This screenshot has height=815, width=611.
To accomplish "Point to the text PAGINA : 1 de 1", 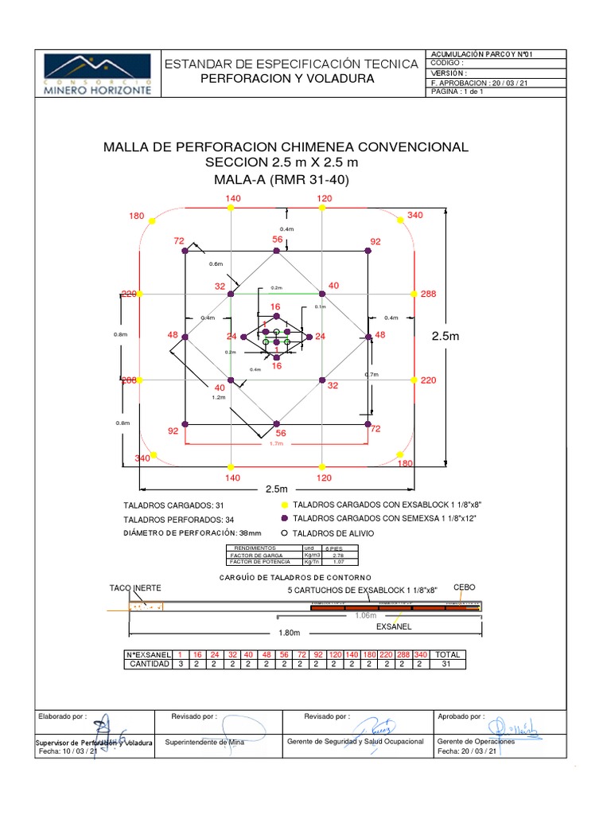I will pyautogui.click(x=457, y=92).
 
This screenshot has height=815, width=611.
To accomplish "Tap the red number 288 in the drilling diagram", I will pyautogui.click(x=429, y=294).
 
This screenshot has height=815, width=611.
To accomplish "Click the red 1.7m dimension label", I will pyautogui.click(x=276, y=444).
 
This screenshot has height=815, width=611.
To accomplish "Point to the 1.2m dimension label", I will pyautogui.click(x=219, y=396).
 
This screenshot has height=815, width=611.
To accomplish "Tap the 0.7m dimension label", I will pyautogui.click(x=372, y=374).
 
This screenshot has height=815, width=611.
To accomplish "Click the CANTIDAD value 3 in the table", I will pyautogui.click(x=181, y=664).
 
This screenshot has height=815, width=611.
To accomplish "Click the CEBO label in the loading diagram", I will pyautogui.click(x=464, y=587).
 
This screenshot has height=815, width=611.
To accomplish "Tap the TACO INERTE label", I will pyautogui.click(x=135, y=588).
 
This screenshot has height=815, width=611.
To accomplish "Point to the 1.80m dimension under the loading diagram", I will pyautogui.click(x=289, y=634).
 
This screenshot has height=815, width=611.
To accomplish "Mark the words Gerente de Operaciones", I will pyautogui.click(x=476, y=742).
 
